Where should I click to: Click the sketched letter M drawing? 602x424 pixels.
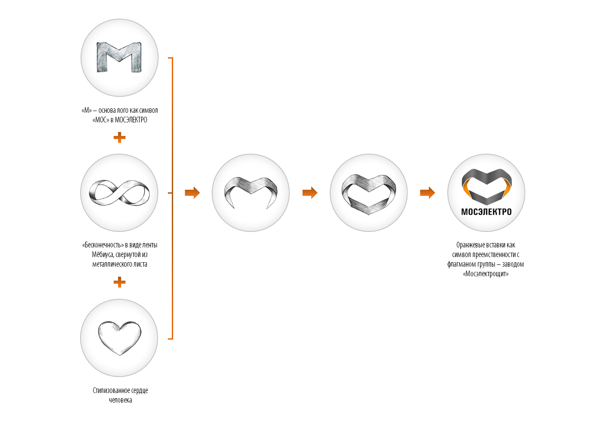119,57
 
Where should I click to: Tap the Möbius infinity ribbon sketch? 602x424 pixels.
119,193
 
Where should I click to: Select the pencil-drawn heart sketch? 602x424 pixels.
119,338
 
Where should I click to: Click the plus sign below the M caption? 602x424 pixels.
119,138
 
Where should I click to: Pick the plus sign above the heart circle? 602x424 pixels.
119,282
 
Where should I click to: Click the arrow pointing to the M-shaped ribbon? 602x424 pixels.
192,193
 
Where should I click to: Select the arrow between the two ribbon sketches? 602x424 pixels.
310,193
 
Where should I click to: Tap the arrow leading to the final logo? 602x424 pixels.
428,193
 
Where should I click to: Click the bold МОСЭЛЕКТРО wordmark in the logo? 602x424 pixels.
486,212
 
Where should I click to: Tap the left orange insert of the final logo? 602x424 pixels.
466,191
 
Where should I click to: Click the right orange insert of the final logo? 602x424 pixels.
506,191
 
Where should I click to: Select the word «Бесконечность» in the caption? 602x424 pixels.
102,245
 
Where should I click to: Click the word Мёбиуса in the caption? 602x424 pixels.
103,254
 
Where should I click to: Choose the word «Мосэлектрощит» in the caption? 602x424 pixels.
486,274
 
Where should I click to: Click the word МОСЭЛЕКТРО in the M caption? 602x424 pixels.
131,120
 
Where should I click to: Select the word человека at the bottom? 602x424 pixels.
120,400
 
